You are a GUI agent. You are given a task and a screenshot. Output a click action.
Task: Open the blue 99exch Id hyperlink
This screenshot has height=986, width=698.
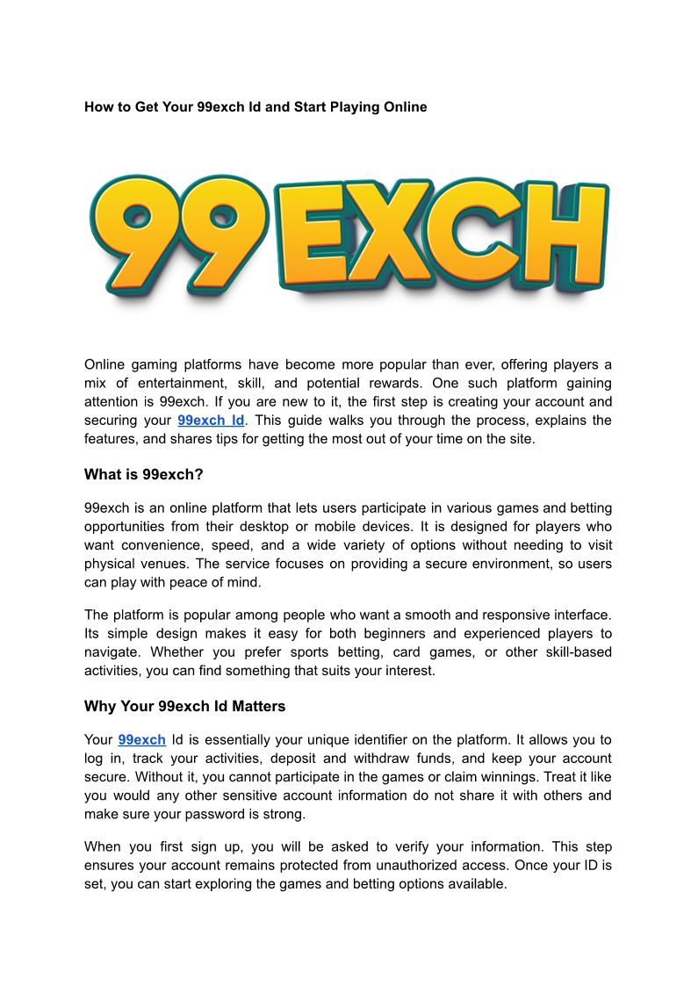click(211, 421)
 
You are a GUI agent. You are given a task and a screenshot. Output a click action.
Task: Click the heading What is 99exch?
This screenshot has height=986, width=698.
click(144, 475)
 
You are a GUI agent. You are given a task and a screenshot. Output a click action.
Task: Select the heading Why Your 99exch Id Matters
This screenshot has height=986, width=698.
click(184, 706)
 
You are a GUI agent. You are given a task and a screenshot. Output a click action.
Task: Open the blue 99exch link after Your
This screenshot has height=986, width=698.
click(141, 740)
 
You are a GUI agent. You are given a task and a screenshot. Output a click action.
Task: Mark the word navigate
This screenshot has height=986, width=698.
click(112, 652)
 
